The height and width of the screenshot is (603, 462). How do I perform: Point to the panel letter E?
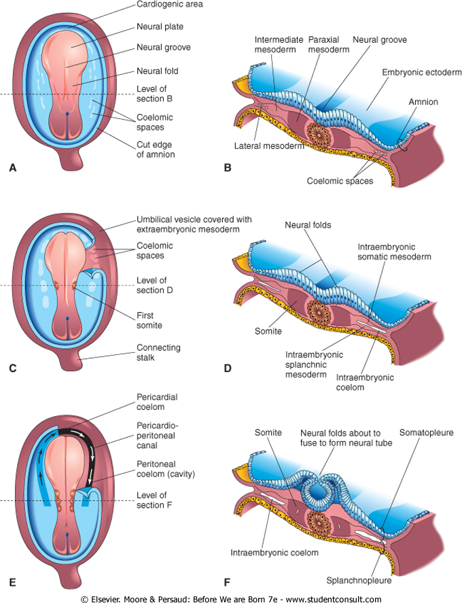pos(12,583)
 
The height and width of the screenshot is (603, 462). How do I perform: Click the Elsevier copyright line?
pos(231,598)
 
